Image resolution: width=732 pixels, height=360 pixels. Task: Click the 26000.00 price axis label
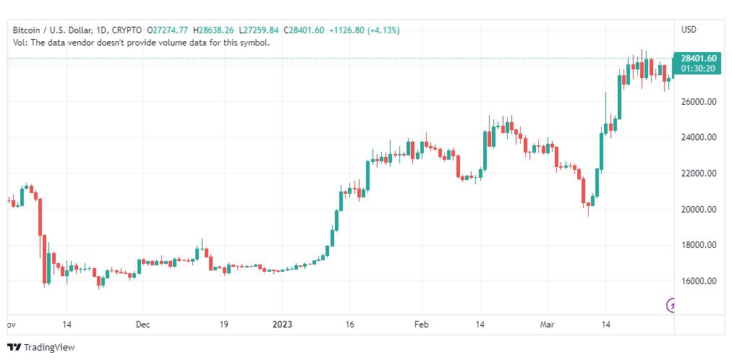(x=698, y=102)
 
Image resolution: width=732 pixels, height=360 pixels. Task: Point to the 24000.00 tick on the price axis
(x=698, y=137)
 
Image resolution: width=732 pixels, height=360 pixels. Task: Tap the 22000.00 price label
(x=698, y=173)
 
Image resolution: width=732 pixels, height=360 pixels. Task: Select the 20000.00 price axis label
(x=698, y=210)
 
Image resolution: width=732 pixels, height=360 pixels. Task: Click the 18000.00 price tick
(x=698, y=245)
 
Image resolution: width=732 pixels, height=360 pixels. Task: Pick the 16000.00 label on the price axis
(x=698, y=281)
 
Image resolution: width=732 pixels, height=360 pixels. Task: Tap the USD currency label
(x=689, y=30)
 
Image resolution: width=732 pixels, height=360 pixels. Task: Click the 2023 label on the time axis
(x=283, y=325)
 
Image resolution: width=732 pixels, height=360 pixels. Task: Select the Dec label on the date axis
(x=142, y=325)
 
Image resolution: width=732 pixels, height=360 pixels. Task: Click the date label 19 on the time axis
(x=224, y=325)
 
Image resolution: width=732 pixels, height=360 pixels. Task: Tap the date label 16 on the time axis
(x=349, y=325)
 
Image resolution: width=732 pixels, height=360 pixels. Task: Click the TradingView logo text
(x=49, y=348)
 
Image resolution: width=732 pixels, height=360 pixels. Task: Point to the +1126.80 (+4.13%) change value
(x=364, y=30)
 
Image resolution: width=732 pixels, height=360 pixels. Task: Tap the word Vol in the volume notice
(x=20, y=43)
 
